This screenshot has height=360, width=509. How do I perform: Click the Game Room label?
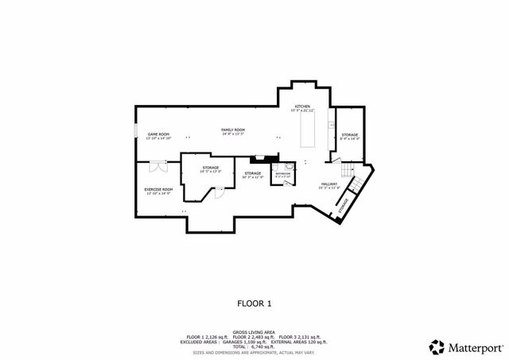[x=158, y=136]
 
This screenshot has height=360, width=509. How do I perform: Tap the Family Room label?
[x=233, y=130]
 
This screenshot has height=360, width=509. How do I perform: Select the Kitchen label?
[x=302, y=107]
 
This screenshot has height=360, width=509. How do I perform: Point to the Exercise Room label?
[x=158, y=191]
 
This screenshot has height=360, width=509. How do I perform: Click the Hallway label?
[x=328, y=185]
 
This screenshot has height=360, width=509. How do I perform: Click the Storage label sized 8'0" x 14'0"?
[x=350, y=137]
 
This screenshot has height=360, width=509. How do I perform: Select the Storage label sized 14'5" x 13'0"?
[x=210, y=169]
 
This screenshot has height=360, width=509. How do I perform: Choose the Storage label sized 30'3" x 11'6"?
[x=253, y=174]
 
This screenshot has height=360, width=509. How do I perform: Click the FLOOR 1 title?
[x=254, y=303]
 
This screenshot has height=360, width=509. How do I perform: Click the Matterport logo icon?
[x=436, y=346]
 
